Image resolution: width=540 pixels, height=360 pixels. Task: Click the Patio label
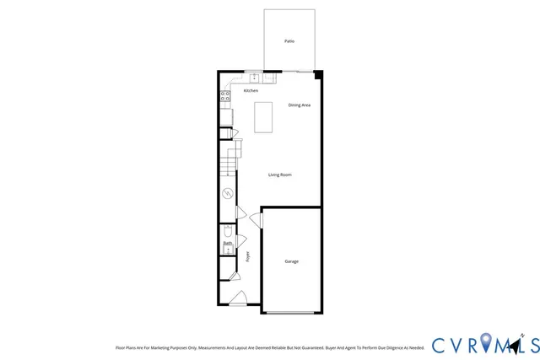click(x=289, y=40)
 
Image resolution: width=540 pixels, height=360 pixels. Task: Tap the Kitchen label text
click(x=251, y=90)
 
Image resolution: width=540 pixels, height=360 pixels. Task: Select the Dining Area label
click(x=300, y=105)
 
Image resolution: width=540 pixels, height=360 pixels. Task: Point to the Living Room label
click(x=280, y=175)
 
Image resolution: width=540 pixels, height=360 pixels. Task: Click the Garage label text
click(x=290, y=261)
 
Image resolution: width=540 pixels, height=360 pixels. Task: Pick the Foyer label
click(x=248, y=256)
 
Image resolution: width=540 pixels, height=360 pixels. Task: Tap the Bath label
click(x=227, y=244)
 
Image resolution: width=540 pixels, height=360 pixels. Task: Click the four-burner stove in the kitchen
click(x=225, y=97)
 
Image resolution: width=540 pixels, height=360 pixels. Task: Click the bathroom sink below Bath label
click(x=227, y=250)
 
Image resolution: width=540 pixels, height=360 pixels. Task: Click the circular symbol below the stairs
click(x=227, y=194)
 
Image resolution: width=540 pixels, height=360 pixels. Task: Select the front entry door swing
click(x=239, y=297)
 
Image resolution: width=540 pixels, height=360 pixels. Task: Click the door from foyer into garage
click(x=256, y=220)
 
